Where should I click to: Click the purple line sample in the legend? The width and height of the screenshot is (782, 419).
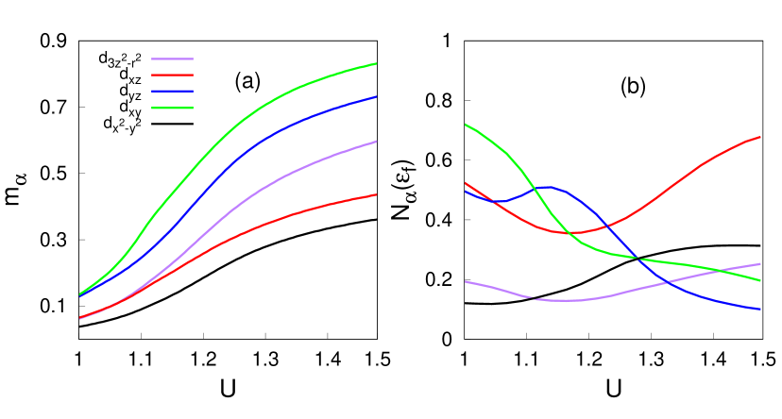click(172, 59)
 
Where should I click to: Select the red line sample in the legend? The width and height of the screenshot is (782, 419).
click(172, 75)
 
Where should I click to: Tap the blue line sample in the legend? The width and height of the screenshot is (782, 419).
click(172, 92)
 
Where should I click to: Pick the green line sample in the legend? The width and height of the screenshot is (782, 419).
click(172, 108)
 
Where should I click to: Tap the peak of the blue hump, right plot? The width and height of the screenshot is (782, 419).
click(548, 187)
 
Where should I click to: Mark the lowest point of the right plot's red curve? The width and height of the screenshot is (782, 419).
click(576, 232)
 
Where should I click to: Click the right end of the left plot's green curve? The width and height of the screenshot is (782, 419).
click(377, 63)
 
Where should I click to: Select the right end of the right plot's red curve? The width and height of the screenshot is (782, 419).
click(760, 137)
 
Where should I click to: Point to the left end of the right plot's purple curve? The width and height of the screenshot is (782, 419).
click(466, 281)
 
